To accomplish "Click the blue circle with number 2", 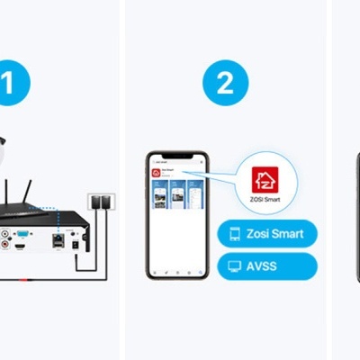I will click(224, 83).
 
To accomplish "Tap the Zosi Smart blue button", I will click(267, 234).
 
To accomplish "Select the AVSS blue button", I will click(267, 266).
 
